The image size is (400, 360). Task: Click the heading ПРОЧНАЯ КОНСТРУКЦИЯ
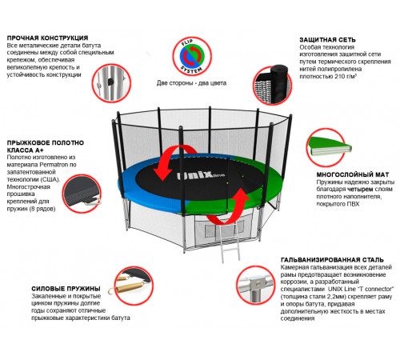47,38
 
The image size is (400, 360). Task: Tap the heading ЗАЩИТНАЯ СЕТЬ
327,40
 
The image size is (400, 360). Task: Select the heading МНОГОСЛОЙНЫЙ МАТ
353,174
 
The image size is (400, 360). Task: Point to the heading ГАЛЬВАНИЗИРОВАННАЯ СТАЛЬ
332,260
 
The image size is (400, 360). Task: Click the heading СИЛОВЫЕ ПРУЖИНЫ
66,289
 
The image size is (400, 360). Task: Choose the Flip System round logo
192,57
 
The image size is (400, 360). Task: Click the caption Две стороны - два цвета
191,83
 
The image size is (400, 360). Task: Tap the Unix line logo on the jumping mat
201,175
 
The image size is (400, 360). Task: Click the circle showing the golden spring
134,286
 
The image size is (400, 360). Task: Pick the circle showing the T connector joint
255,285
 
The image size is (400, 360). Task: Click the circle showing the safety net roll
273,85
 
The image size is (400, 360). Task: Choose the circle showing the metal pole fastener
111,83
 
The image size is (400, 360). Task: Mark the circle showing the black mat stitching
82,194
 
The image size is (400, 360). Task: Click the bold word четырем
360,190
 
